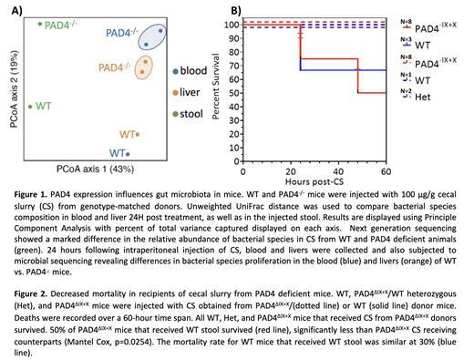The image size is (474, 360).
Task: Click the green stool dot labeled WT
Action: (31, 108)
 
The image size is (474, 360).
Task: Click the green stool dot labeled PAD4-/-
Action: (40, 25)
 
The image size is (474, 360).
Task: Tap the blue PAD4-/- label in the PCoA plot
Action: (123, 33)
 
